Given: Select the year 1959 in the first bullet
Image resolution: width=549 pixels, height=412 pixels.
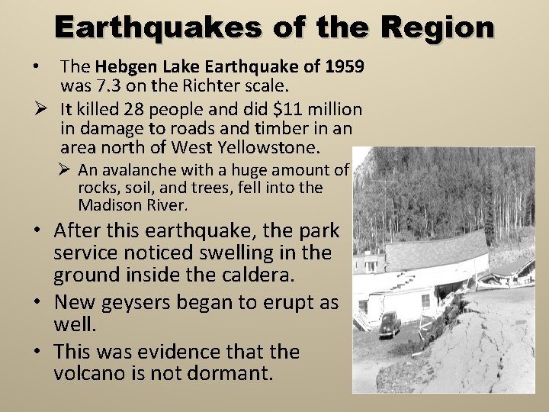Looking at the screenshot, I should [x=344, y=67].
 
